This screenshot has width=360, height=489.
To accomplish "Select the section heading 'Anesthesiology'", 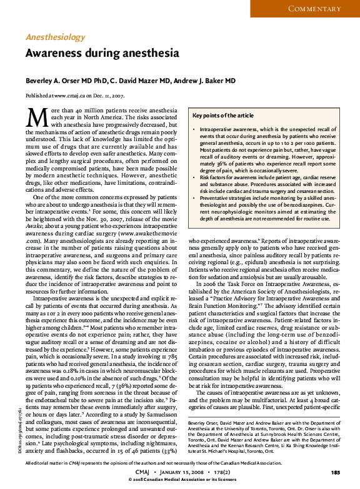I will click(x=56, y=37).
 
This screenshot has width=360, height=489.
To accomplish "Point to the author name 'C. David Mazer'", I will click(x=137, y=81).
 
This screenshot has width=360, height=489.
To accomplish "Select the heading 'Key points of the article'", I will click(x=223, y=116).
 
